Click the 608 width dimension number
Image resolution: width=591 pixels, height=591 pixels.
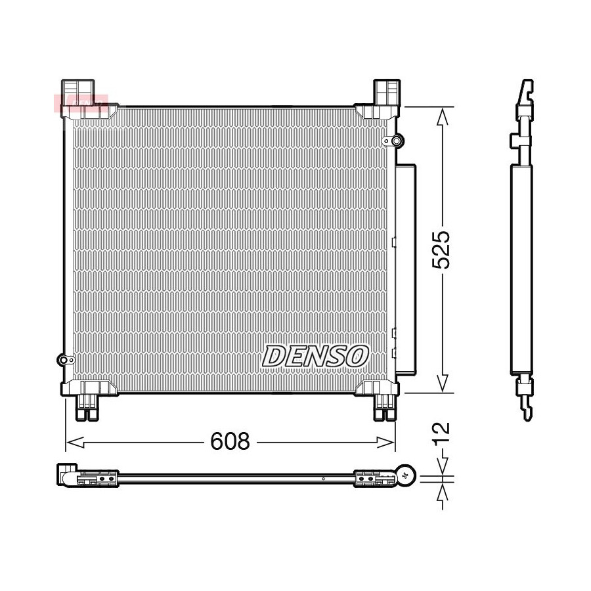click(x=230, y=441)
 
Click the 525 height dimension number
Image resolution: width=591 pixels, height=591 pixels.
click(x=441, y=250)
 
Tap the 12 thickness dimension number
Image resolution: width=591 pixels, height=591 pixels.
click(x=441, y=434)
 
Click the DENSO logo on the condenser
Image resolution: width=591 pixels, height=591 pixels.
click(x=315, y=356)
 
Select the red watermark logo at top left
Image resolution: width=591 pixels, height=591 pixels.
click(x=81, y=103)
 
